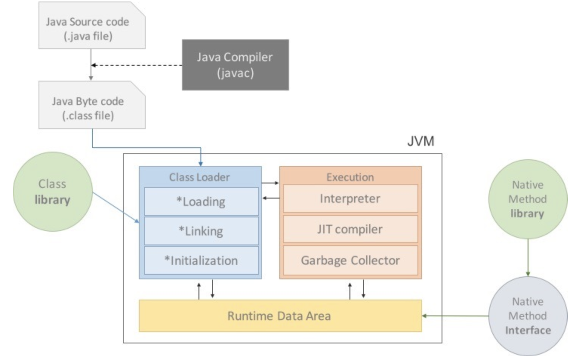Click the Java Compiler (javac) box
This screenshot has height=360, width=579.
235,65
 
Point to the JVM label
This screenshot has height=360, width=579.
420,141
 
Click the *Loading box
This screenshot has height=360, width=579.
201,202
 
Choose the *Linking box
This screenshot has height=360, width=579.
201,231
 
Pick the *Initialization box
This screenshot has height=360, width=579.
201,260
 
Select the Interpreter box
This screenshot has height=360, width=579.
350,198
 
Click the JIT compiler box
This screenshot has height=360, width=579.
350,229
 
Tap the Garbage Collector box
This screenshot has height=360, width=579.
350,260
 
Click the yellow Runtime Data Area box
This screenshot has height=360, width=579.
280,316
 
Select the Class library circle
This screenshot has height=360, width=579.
52,192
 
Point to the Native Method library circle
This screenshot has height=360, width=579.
527,199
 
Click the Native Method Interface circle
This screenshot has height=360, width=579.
527,316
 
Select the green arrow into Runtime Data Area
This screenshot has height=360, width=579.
455,316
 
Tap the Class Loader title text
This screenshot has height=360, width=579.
199,177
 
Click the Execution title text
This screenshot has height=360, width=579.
350,177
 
